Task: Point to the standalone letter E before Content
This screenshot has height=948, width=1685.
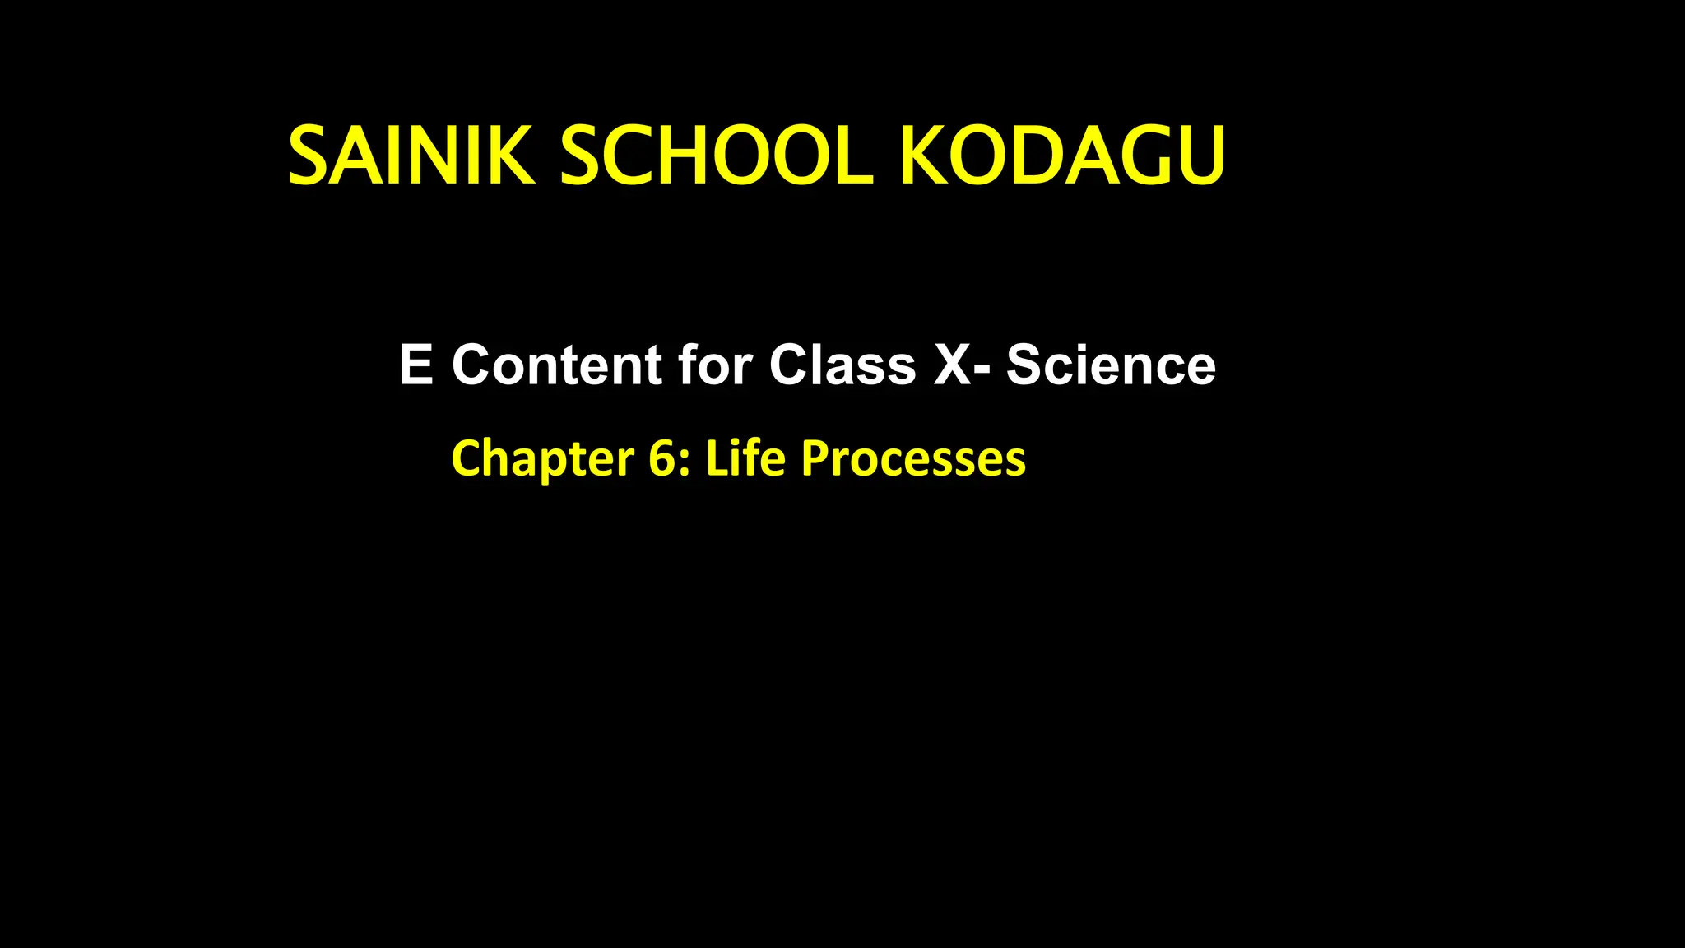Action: click(415, 365)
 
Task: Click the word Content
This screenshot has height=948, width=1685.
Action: click(557, 365)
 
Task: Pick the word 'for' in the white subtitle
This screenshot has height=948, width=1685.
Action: click(715, 365)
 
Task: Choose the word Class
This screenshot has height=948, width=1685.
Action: click(842, 365)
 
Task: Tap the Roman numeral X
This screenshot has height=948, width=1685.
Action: click(953, 365)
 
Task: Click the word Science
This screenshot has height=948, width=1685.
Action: click(1111, 365)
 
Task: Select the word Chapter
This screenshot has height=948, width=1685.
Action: click(542, 458)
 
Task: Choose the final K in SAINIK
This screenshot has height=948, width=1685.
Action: click(508, 156)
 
